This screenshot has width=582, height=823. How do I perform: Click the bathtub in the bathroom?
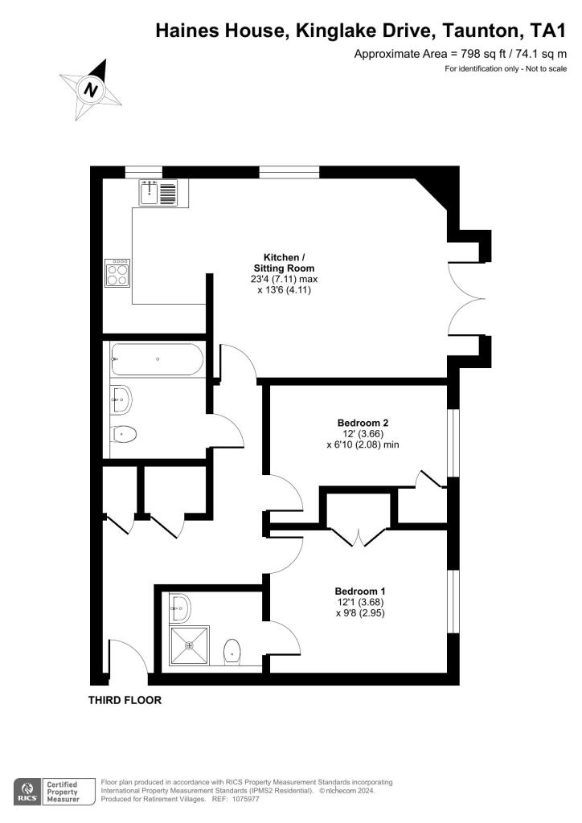point(157,359)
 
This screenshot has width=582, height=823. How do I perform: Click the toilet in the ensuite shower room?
point(232,652)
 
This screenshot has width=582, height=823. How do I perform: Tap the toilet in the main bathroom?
point(123,434)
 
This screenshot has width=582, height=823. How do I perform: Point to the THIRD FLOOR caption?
point(125,700)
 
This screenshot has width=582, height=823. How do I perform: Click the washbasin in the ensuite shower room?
point(178,608)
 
